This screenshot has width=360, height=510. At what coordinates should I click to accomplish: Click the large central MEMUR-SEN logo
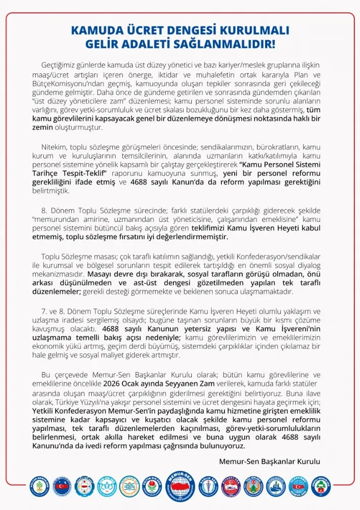(181, 487)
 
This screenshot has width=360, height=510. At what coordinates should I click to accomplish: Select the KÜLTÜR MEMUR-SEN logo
(39, 487)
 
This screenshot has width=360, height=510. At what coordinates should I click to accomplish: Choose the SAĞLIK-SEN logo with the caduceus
(208, 487)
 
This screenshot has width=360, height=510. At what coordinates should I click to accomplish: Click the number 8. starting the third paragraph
(44, 210)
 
